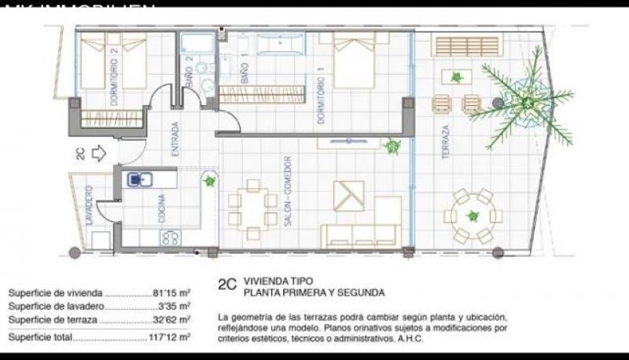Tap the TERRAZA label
[x=446, y=142]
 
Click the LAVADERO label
[x=90, y=206]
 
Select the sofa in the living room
[x=354, y=234]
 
